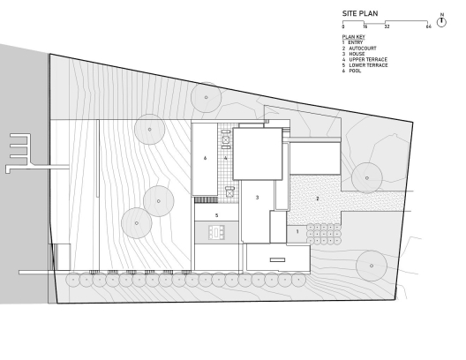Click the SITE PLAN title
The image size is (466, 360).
tap(360, 13)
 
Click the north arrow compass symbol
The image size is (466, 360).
tap(441, 21)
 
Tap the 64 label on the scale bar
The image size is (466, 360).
tap(428, 26)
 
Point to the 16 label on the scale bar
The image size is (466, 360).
tap(365, 26)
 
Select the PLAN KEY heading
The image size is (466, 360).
tap(353, 37)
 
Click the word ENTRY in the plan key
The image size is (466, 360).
tap(356, 42)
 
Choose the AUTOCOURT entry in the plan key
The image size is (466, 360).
tap(363, 49)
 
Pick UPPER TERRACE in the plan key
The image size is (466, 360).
tap(368, 59)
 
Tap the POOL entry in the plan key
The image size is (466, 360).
tap(355, 71)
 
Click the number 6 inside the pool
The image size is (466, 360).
tap(205, 158)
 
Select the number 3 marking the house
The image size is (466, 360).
tap(258, 198)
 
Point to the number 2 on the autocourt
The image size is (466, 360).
tap(318, 199)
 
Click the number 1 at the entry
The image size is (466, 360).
tap(297, 231)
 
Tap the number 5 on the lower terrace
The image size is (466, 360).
tap(216, 215)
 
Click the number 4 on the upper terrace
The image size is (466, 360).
tap(226, 158)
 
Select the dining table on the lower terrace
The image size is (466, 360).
tap(216, 232)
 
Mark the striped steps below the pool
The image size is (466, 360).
tap(207, 200)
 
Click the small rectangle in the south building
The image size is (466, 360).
tap(278, 260)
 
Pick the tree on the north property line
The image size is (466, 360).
tap(206, 97)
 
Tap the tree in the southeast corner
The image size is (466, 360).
tap(372, 266)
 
